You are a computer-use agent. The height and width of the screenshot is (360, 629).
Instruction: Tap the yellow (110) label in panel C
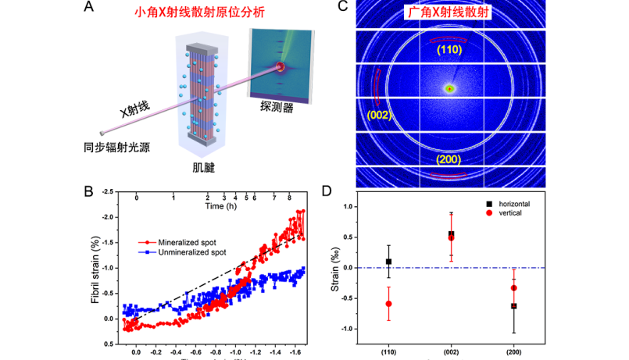[449, 49]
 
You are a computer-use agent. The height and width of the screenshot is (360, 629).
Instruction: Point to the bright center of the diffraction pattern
[450, 89]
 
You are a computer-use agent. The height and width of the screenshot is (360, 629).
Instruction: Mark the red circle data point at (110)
[388, 304]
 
